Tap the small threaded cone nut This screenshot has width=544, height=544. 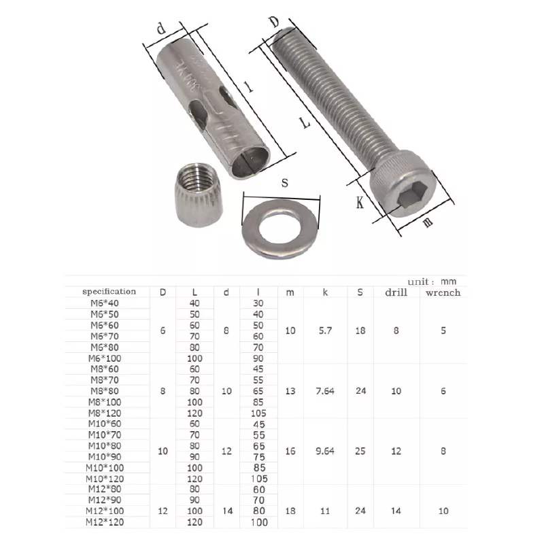[x=198, y=195]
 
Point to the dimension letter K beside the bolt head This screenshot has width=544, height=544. [x=360, y=202]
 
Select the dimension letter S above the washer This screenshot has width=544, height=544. [x=285, y=182]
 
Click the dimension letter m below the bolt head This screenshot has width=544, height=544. [x=428, y=222]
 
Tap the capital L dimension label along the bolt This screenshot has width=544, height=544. [x=305, y=122]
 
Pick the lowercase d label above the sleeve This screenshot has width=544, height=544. [x=161, y=29]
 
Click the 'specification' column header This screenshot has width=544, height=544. [x=109, y=292]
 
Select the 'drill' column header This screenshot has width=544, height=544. [x=396, y=292]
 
